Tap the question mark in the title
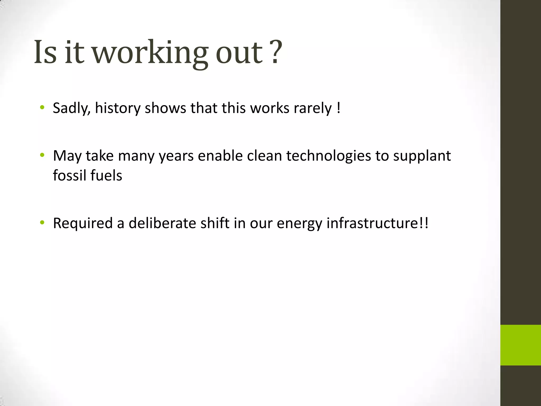point(276,52)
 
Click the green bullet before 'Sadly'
point(42,107)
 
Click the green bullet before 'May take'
point(42,155)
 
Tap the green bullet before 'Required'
point(42,223)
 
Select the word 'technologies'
point(329,156)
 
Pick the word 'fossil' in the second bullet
point(69,175)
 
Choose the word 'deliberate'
point(162,223)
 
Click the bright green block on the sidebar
point(520,345)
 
